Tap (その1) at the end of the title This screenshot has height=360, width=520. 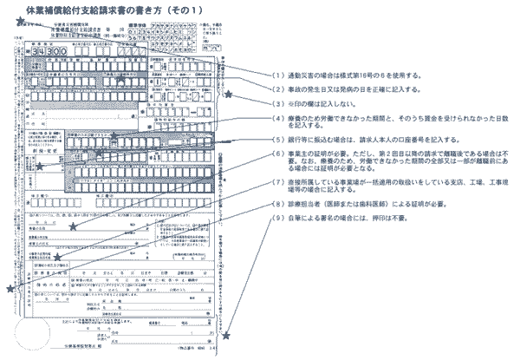click(x=200, y=9)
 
